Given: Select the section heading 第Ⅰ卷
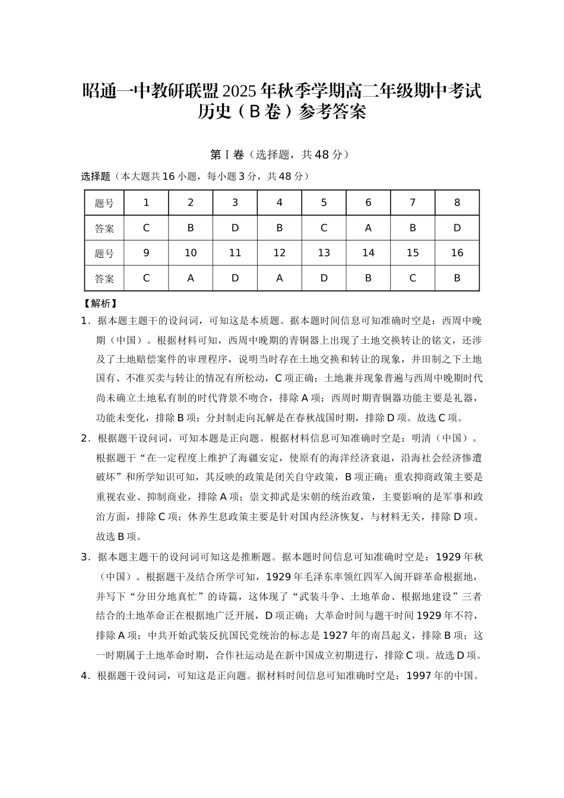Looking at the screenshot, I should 227,155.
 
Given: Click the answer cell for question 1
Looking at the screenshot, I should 146,228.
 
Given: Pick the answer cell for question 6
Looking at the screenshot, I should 368,228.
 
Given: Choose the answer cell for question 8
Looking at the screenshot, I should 457,228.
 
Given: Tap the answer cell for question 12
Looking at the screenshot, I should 279,278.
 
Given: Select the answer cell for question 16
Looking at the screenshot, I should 457,278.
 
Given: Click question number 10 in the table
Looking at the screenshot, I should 191,253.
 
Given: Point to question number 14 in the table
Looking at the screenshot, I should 368,253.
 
